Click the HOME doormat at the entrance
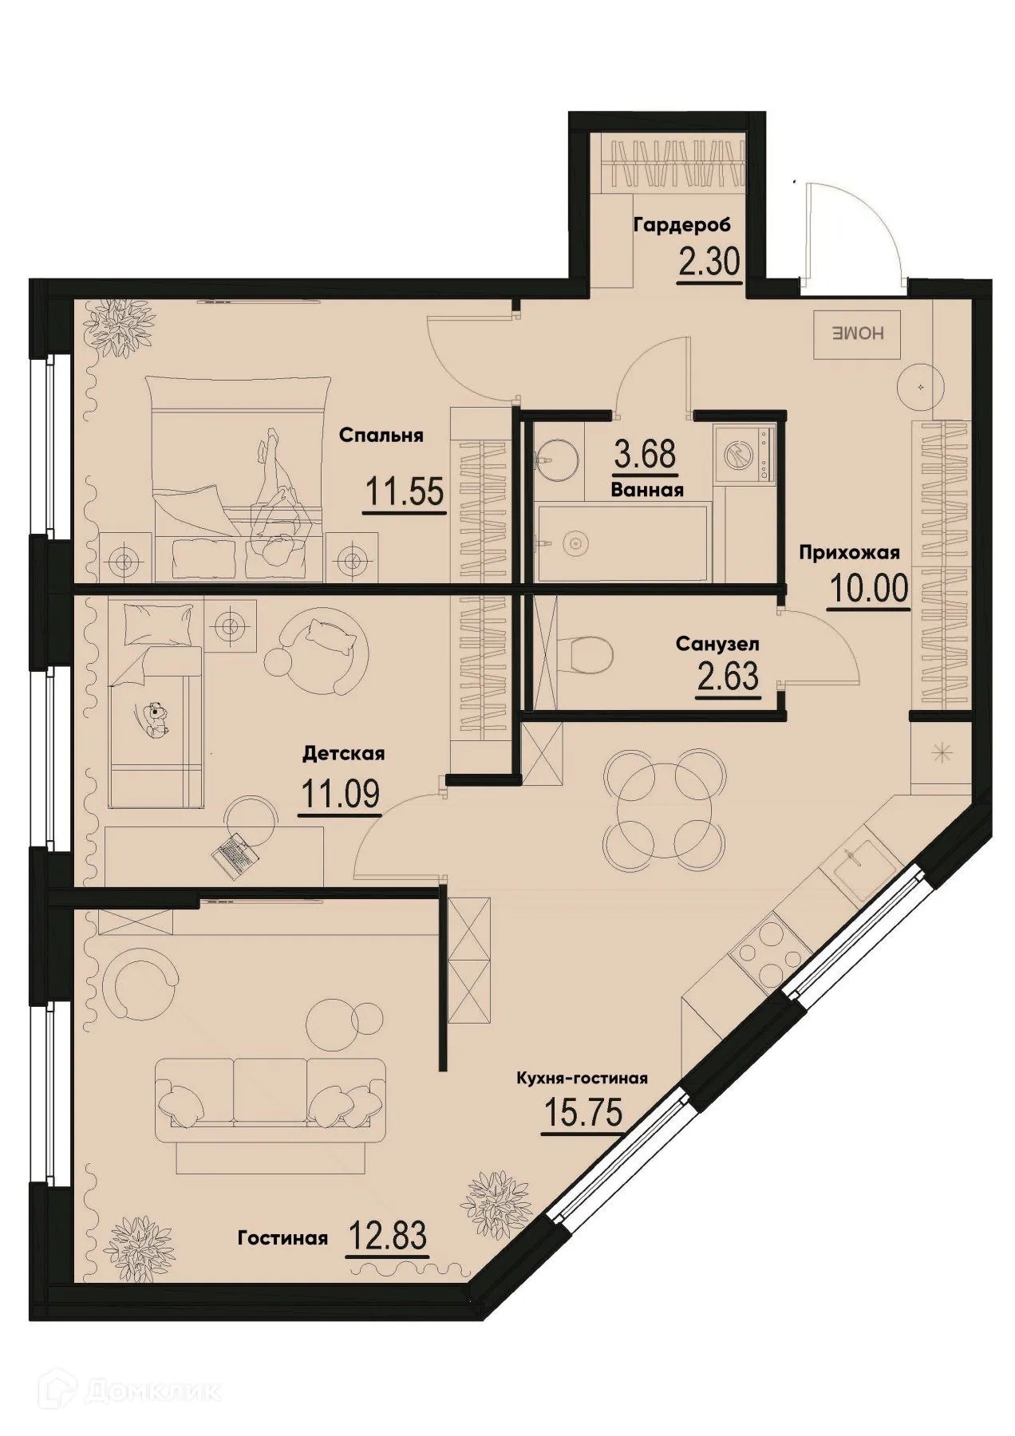[857, 334]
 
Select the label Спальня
[381, 436]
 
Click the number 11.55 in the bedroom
[404, 491]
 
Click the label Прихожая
[850, 552]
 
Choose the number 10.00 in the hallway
[869, 590]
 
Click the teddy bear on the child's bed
[155, 717]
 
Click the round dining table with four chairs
[665, 807]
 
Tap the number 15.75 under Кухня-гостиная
[582, 1111]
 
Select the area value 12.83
[388, 1237]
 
